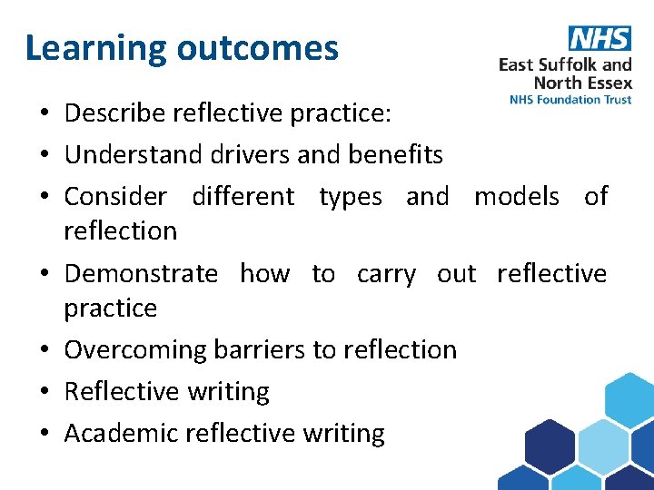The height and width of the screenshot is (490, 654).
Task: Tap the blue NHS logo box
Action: point(599,39)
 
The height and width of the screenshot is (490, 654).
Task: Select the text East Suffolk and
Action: point(565,64)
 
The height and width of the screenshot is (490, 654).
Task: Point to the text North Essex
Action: point(582,83)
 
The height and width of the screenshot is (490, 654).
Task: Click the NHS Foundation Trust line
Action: point(570,100)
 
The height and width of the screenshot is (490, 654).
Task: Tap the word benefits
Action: point(395,155)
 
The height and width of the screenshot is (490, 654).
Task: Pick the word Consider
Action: point(115,197)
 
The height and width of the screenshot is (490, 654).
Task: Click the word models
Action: point(516,197)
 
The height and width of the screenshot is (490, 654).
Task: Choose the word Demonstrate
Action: point(141,273)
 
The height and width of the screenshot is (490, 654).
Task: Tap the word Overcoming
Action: point(136,349)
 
